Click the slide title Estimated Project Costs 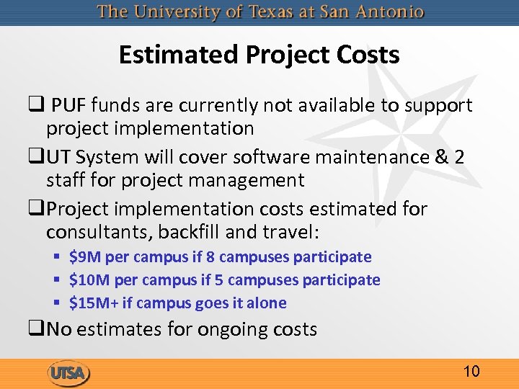point(259,55)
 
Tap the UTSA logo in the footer point(68,373)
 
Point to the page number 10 point(471,372)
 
